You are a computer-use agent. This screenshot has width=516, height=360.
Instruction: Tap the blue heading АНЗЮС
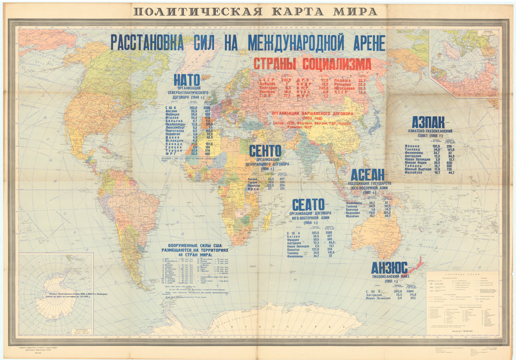point(390,268)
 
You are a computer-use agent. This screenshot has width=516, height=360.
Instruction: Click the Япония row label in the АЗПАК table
point(412,146)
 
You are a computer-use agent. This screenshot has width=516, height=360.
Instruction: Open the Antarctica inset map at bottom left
point(56,296)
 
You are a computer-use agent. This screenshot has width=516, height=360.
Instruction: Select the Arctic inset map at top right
point(462,62)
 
